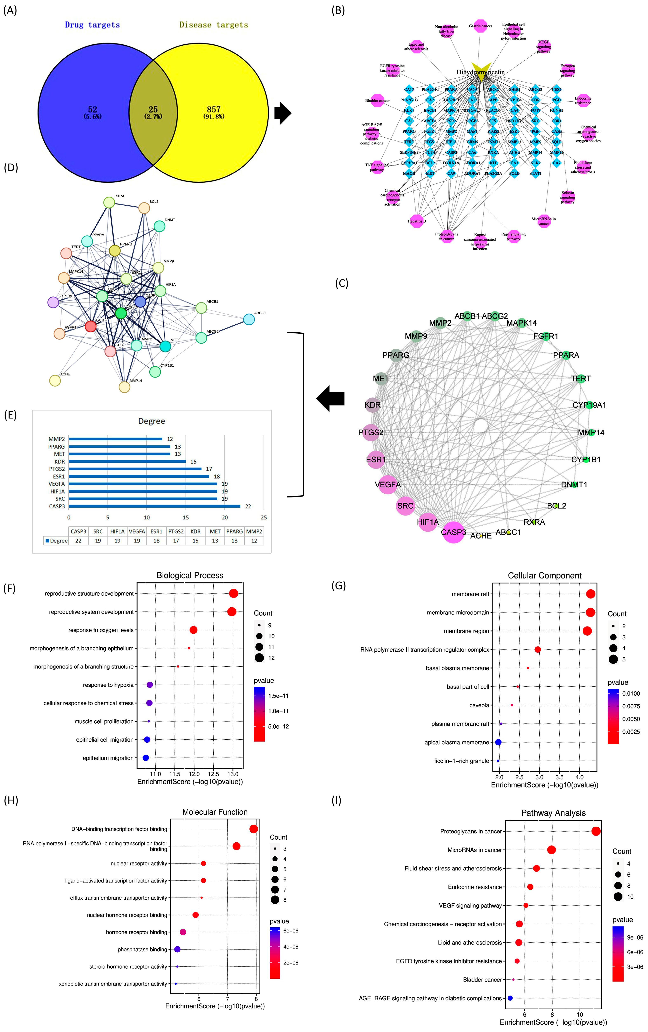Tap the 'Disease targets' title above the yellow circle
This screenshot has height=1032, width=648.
pyautogui.click(x=213, y=25)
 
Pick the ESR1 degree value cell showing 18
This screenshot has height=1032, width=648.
pyautogui.click(x=156, y=541)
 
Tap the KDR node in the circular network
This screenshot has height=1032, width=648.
pyautogui.click(x=373, y=405)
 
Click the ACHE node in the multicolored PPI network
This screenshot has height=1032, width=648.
pyautogui.click(x=55, y=380)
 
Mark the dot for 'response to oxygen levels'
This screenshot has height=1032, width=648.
pyautogui.click(x=193, y=630)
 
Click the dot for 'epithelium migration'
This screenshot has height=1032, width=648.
pyautogui.click(x=146, y=758)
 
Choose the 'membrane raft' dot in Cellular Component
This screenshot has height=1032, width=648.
pyautogui.click(x=591, y=594)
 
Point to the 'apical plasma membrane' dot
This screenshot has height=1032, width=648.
pyautogui.click(x=498, y=742)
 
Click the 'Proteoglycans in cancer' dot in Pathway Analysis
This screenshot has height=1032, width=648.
pyautogui.click(x=596, y=831)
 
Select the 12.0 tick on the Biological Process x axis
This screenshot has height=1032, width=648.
pyautogui.click(x=194, y=774)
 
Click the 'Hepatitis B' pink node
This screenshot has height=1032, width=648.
pyautogui.click(x=417, y=221)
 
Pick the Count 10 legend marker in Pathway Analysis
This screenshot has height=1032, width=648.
pyautogui.click(x=618, y=897)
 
